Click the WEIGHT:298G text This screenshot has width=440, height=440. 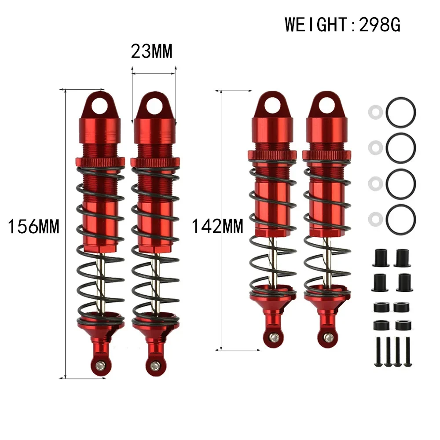343,25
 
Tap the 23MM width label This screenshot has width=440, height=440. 152,51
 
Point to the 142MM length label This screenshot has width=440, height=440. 217,227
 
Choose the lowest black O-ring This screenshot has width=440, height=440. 401,219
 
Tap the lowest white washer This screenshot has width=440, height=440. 374,217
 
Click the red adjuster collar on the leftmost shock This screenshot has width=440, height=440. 100,161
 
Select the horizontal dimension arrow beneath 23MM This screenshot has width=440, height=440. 154,73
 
